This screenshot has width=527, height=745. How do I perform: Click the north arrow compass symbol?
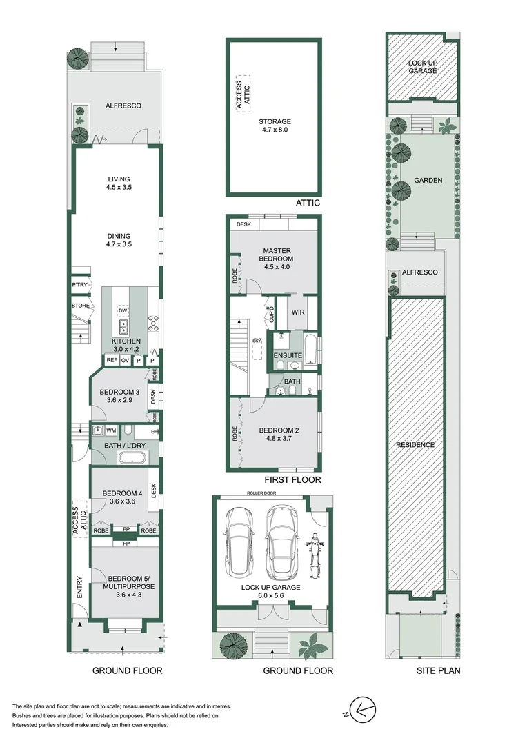361,708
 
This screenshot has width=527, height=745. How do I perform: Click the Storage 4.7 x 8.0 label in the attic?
275,126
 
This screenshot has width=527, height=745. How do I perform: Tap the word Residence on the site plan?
415,445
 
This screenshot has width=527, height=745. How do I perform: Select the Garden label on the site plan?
428,181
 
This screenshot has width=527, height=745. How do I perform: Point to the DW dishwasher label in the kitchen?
122,310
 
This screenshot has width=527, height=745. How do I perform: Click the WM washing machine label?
111,430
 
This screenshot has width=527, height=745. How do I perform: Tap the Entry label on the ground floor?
79,586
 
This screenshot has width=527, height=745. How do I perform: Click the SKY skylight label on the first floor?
257,341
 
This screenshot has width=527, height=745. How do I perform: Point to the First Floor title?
292,479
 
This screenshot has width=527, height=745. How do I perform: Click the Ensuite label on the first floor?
288,355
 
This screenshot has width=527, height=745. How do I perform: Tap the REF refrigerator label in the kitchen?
110,360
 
